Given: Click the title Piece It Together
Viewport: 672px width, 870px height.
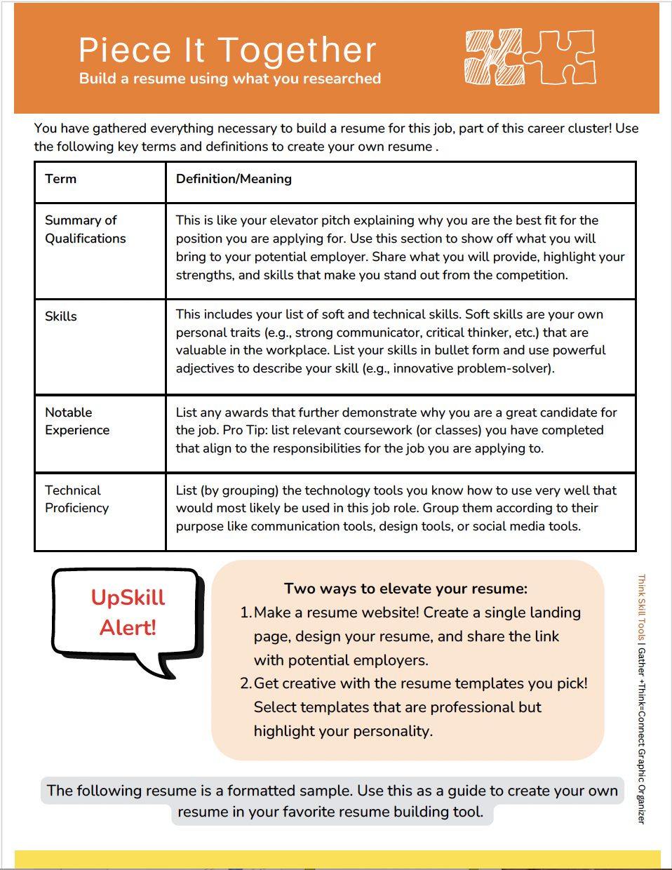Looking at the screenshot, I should (227, 51).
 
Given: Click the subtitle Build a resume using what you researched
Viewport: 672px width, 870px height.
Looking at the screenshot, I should (230, 79).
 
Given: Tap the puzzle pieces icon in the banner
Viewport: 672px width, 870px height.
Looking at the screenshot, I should (530, 58).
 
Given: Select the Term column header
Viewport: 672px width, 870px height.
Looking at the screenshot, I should (61, 179).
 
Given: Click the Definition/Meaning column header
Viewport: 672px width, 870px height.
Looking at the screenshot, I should (234, 179).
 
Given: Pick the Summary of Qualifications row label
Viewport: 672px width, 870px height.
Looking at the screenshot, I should (85, 229).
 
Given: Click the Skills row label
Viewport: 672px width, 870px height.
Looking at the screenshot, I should (61, 316).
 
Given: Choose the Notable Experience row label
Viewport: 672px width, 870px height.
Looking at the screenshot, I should (76, 421).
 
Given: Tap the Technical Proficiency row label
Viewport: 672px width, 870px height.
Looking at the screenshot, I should (76, 499).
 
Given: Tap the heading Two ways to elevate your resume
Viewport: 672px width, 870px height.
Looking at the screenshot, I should (405, 589).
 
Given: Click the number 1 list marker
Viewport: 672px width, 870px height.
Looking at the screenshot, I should (245, 613).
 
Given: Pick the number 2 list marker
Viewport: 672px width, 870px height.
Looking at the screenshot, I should (245, 683).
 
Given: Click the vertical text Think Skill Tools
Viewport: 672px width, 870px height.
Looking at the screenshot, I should (641, 608).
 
